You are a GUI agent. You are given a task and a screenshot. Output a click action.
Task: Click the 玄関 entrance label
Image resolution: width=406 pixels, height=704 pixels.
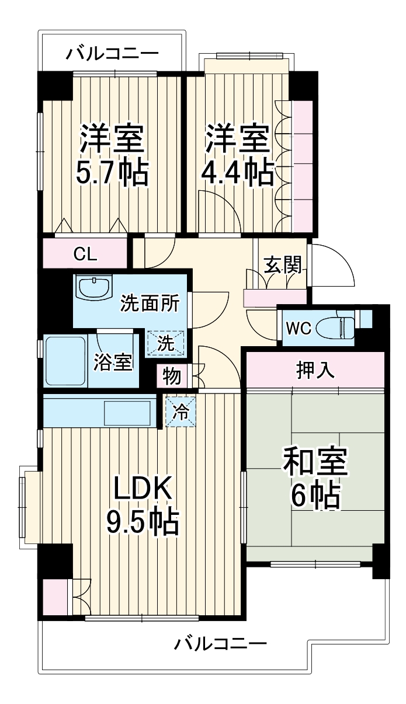point(283,266)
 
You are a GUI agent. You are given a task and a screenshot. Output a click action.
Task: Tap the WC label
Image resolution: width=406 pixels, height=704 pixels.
point(298,328)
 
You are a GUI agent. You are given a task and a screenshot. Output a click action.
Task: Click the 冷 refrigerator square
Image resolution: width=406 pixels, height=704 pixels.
point(182,412)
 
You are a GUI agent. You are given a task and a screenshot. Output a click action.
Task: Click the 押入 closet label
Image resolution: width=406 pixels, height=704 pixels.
point(314,370)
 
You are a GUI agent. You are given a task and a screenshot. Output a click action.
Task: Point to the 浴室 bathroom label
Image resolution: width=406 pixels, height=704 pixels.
point(113,362)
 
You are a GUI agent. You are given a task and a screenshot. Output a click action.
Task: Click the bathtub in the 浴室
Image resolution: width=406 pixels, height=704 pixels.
point(65,361)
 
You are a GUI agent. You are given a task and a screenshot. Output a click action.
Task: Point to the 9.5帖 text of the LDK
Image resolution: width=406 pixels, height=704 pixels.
point(142,522)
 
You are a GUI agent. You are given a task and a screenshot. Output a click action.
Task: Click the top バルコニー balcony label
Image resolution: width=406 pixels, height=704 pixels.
point(112,54)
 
